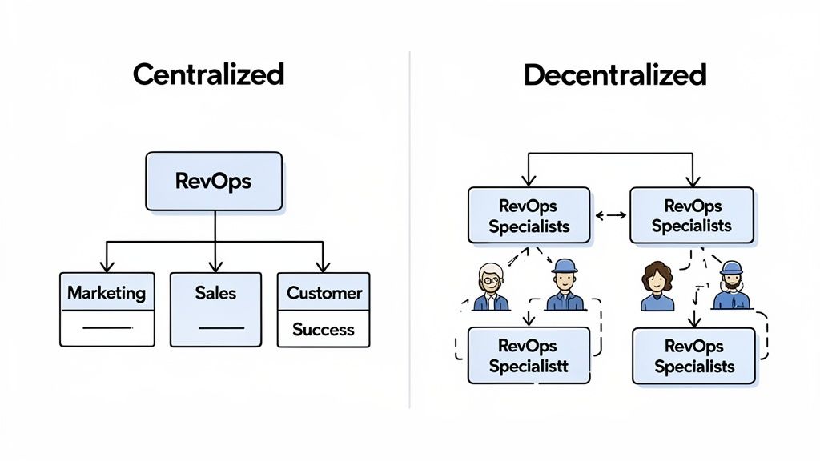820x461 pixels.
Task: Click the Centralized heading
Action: (x=208, y=74)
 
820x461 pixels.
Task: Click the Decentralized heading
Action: (x=615, y=74)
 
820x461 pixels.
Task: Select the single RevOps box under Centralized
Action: (x=213, y=181)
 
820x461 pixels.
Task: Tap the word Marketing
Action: (x=107, y=293)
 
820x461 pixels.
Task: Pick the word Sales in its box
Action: (x=215, y=293)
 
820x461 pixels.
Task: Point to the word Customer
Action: (x=324, y=293)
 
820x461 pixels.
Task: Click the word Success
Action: (x=324, y=329)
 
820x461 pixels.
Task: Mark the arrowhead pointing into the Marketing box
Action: (x=107, y=267)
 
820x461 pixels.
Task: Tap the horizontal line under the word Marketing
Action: (x=107, y=328)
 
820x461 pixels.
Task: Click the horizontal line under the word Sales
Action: (x=220, y=328)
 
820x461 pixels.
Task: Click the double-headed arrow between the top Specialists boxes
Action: (x=610, y=215)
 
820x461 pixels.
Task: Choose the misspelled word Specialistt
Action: (x=529, y=367)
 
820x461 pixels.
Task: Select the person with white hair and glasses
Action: (x=490, y=286)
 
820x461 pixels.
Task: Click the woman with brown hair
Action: (x=657, y=286)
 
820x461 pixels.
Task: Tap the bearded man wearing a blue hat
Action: (x=731, y=286)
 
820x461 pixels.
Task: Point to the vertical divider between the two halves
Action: (x=410, y=232)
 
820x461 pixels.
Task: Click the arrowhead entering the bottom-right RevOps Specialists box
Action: (x=694, y=322)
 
